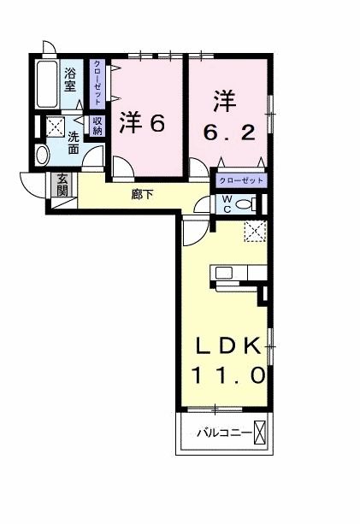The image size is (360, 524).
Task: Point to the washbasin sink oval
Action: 44,155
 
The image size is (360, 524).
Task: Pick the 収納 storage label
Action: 97,126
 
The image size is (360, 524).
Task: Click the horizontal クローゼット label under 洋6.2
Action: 240,181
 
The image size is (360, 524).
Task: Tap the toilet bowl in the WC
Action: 245,203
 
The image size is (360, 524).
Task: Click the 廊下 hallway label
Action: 142,195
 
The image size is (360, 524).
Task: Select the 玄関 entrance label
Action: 63,185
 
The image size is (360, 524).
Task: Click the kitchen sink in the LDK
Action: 224,274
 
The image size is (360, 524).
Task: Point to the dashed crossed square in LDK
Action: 255,232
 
